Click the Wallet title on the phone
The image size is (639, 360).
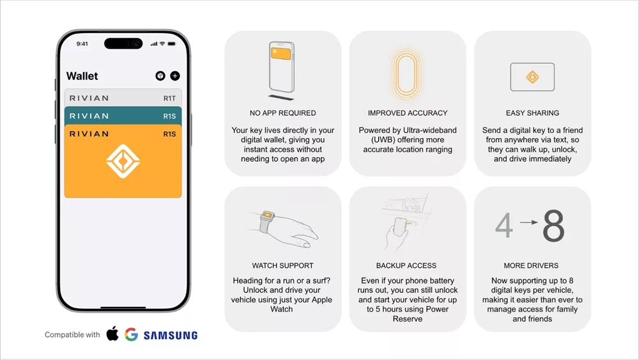[x=82, y=76]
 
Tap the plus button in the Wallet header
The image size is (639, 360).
[x=175, y=76]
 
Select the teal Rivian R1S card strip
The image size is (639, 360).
[x=123, y=116]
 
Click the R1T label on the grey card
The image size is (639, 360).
[x=169, y=98]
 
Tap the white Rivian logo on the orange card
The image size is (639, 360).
[x=123, y=161]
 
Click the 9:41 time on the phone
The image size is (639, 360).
[x=82, y=43]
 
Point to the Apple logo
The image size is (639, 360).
[x=112, y=334]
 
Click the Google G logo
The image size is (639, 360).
[x=131, y=334]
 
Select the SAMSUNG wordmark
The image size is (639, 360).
[x=171, y=335]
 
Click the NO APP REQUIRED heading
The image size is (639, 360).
[x=283, y=113]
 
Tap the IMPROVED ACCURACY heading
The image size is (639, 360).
[x=408, y=113]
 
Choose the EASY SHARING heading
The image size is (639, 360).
[x=532, y=113]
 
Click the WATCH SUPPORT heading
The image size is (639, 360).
[x=283, y=265]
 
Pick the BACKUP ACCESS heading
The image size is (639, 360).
[x=406, y=265]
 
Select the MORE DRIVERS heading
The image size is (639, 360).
[x=531, y=265]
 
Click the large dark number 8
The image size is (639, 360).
[x=553, y=226]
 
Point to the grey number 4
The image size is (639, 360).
[x=504, y=226]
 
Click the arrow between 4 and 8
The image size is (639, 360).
[x=529, y=222]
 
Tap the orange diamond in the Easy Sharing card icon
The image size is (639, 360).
[x=532, y=77]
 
